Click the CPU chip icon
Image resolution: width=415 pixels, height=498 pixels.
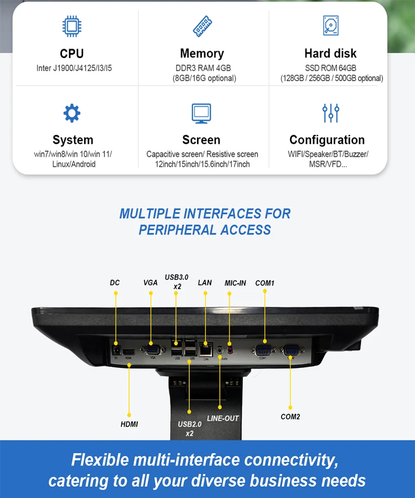71,27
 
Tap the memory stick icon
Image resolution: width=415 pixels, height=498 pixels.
201,27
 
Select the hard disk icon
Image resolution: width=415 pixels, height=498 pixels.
330,26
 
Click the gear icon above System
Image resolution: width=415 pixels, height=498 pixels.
72,113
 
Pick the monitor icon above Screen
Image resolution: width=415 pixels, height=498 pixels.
201,113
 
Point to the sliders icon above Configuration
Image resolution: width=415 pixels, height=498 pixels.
330,113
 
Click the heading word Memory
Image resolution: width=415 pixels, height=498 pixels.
202,54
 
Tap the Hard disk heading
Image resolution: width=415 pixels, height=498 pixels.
330,54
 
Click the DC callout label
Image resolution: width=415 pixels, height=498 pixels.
115,283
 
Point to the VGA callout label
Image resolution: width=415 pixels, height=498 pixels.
151,283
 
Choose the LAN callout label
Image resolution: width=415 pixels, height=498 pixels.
205,283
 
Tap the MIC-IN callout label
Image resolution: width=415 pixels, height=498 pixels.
235,283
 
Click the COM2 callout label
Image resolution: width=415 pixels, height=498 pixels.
290,417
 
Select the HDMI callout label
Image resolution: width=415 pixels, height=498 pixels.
129,424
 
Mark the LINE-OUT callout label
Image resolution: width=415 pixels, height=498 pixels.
223,418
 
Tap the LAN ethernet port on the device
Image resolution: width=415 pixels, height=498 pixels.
205,350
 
